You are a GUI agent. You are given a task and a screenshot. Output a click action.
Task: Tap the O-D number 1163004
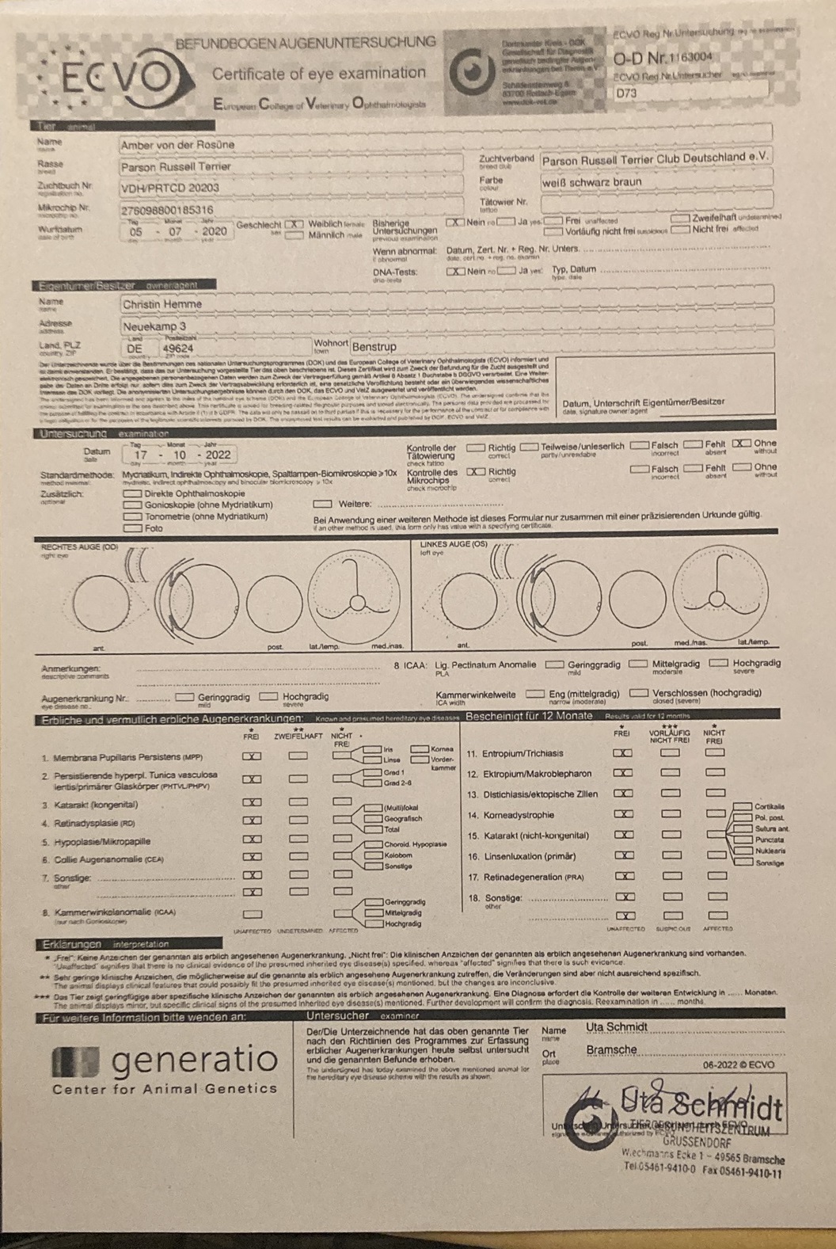[x=690, y=57]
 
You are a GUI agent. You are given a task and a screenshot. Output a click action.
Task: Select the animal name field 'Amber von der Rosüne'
[x=177, y=146]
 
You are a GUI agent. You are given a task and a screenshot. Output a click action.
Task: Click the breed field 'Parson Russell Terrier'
[x=176, y=167]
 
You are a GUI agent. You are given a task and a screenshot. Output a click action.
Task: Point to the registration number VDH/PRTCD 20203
[x=170, y=188]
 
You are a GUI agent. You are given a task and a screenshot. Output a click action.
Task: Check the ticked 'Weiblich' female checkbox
[x=294, y=224]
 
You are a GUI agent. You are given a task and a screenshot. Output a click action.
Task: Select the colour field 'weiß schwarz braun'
[x=591, y=181]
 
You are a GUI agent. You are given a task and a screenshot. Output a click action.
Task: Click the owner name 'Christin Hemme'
[x=162, y=304]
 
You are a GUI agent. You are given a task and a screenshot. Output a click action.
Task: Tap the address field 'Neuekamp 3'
[x=154, y=326]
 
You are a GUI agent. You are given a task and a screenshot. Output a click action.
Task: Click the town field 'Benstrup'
[x=374, y=347]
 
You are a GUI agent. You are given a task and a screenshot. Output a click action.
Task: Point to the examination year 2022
[x=218, y=455]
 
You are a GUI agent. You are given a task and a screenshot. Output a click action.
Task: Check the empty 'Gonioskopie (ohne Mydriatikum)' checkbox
[x=132, y=505]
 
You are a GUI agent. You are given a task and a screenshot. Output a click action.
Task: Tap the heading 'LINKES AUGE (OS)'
[x=454, y=545]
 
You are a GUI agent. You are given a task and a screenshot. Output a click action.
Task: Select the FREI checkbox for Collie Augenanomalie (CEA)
[x=252, y=857]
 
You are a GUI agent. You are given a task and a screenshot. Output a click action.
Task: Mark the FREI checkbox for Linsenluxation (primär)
[x=623, y=855]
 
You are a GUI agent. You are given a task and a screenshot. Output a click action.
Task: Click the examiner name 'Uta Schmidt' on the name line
[x=617, y=1027]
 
